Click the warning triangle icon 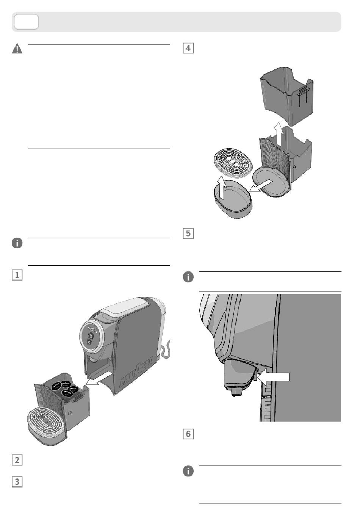click(x=17, y=49)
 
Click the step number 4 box click(x=188, y=49)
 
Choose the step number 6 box click(x=188, y=434)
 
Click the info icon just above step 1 click(x=17, y=243)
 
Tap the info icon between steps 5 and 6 click(x=188, y=277)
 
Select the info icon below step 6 click(x=188, y=471)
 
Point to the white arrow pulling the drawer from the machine click(x=98, y=379)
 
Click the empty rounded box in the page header click(x=26, y=22)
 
